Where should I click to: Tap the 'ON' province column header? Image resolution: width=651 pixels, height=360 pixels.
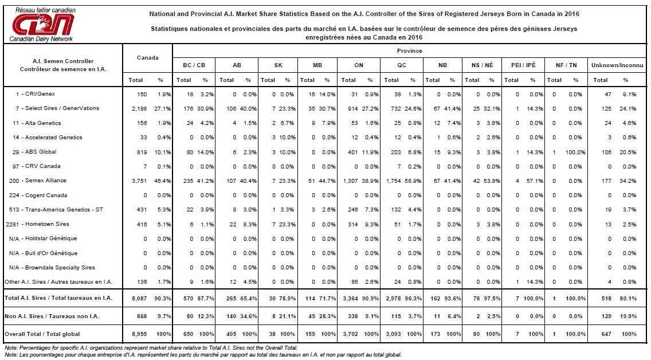tap(359, 65)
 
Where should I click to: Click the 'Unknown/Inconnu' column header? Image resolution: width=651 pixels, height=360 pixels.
tap(617, 65)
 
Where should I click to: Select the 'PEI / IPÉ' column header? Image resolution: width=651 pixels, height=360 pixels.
tap(524, 65)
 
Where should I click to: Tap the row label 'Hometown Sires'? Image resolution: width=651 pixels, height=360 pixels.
tap(47, 224)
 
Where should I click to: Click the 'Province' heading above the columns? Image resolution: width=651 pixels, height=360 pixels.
tap(409, 50)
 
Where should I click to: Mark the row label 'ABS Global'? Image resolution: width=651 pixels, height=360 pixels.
tap(41, 152)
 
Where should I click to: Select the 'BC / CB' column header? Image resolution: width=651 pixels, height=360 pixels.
tap(194, 65)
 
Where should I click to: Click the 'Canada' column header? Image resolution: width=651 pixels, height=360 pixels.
tap(147, 58)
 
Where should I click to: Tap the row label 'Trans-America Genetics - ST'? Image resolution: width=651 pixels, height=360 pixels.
tap(64, 210)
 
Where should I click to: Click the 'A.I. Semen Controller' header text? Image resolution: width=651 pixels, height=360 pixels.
tap(63, 61)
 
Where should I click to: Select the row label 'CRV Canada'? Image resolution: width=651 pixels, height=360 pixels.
tap(43, 166)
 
